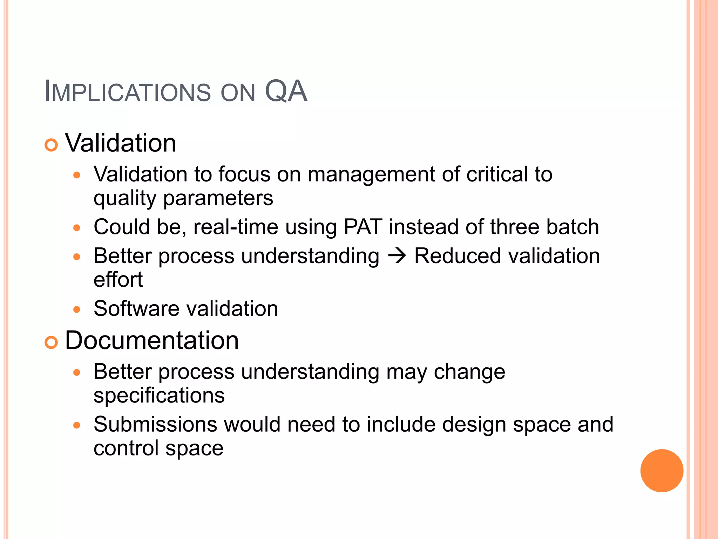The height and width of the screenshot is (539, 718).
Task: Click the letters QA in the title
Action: click(x=286, y=91)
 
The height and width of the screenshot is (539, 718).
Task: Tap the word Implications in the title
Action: click(x=127, y=92)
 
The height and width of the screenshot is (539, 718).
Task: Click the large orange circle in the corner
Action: click(x=662, y=471)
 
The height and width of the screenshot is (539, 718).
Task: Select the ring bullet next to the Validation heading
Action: click(x=51, y=145)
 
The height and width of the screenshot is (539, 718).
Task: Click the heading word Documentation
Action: click(x=152, y=340)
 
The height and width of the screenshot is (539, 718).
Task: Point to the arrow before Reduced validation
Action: click(x=397, y=256)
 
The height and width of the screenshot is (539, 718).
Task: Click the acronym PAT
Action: click(x=363, y=227)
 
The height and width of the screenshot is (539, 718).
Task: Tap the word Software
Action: click(x=136, y=308)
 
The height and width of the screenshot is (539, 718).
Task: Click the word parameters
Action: click(x=218, y=198)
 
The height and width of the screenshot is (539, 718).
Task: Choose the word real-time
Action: click(x=236, y=227)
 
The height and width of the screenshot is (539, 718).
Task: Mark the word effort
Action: click(x=118, y=280)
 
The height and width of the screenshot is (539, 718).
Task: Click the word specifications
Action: click(x=159, y=395)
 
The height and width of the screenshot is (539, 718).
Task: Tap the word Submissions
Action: click(x=155, y=424)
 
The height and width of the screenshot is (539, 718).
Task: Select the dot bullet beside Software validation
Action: click(x=77, y=310)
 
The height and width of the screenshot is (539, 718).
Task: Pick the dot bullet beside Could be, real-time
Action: click(x=77, y=228)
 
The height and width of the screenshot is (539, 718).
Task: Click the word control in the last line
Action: click(x=126, y=448)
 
